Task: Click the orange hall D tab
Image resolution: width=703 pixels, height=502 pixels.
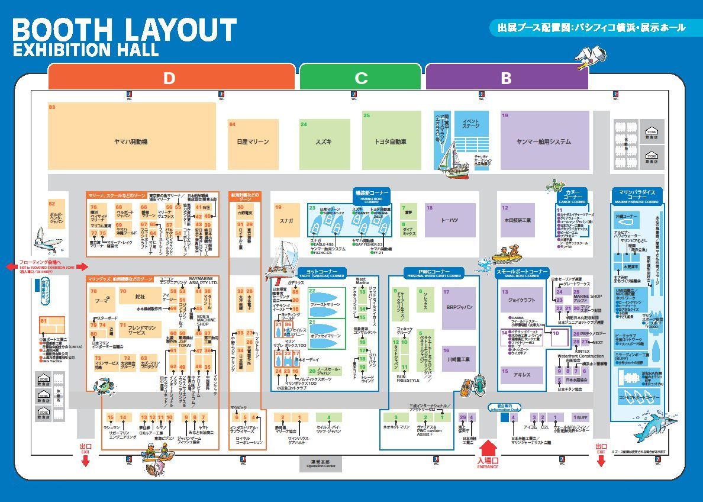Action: (x=170, y=78)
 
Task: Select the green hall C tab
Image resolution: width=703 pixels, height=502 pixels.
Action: (x=360, y=78)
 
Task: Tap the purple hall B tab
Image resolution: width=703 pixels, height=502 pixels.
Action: (x=506, y=78)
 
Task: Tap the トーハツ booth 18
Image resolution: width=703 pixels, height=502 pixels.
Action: (x=450, y=220)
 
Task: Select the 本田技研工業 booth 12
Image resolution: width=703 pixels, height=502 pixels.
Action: (x=517, y=220)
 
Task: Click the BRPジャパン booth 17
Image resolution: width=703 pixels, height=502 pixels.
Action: (x=459, y=308)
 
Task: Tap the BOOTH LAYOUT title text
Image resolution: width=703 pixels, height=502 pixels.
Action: (x=124, y=30)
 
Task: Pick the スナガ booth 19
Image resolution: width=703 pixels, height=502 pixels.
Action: (x=287, y=220)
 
